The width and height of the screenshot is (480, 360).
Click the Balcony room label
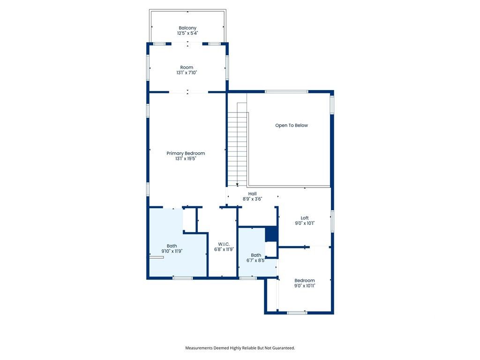187,28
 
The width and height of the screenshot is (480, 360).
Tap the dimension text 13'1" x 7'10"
187,73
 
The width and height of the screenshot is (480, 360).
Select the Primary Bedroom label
186,153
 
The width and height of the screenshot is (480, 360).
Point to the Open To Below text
292,125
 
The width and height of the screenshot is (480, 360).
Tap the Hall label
252,194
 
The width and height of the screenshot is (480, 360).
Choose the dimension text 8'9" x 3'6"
252,199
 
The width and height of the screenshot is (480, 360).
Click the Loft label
305,218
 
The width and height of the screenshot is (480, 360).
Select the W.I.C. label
223,244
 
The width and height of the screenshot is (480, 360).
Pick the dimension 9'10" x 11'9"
172,251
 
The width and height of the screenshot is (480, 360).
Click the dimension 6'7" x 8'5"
255,261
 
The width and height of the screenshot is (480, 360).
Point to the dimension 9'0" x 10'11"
305,285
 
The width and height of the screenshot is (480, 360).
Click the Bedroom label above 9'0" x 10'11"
305,280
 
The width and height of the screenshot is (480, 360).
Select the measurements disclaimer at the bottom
240,348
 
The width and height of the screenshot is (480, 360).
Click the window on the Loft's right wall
332,221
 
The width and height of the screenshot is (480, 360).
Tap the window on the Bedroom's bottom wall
297,313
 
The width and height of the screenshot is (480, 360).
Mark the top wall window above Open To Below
286,91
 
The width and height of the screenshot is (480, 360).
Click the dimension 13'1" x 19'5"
186,159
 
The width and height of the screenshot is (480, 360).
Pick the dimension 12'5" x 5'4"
187,33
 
